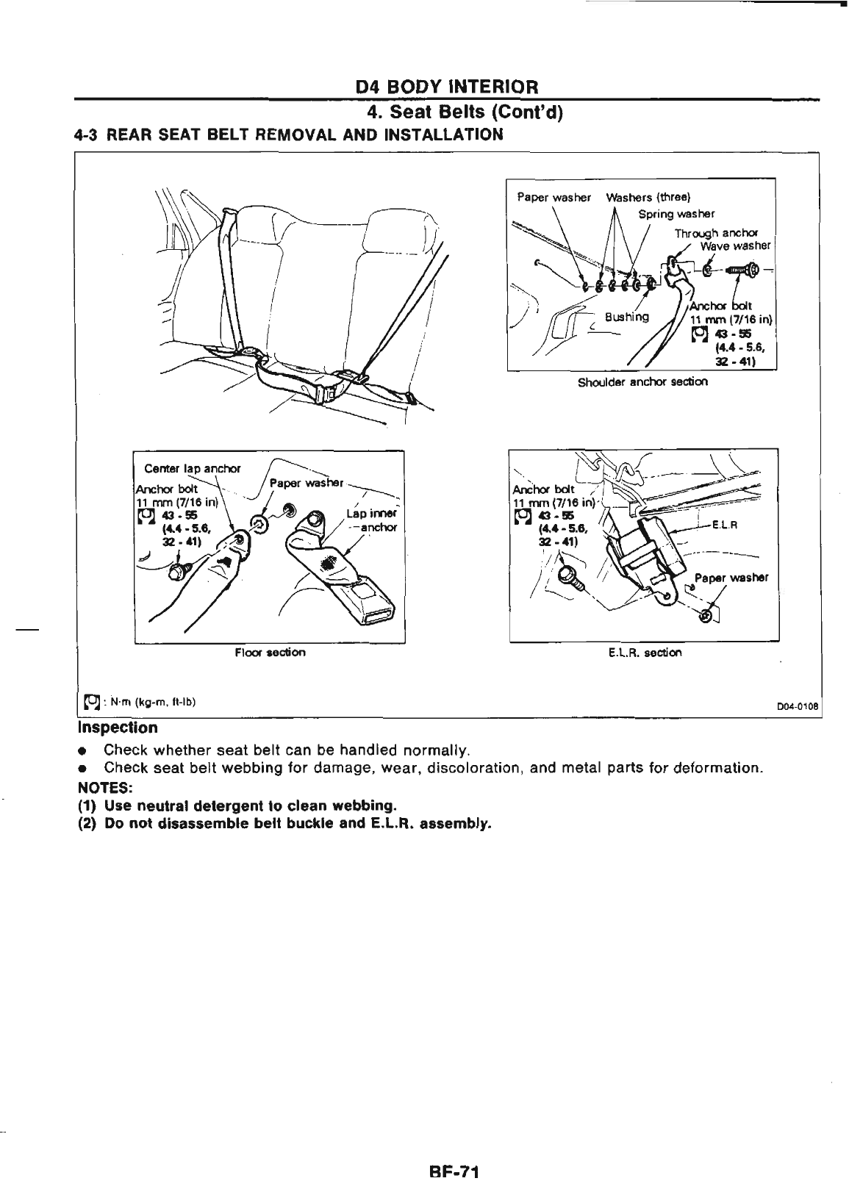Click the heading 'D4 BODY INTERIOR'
tap(448, 87)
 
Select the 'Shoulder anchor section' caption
tap(642, 382)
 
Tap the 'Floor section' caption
tap(270, 653)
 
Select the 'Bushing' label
tap(626, 317)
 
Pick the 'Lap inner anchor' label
tap(376, 520)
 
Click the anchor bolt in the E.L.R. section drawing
tap(573, 579)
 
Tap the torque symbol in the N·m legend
tap(92, 703)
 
